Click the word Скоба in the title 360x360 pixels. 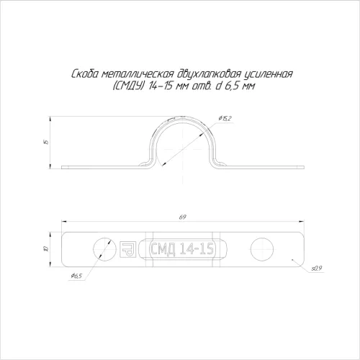[x=85, y=74]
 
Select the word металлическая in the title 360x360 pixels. [x=137, y=74]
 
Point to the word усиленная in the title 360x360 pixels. [x=269, y=74]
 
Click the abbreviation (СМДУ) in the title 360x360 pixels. [x=128, y=86]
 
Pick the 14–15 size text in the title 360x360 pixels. [x=161, y=86]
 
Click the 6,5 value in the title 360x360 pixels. [x=232, y=86]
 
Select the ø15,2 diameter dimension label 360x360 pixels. [x=225, y=118]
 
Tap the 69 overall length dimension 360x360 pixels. [x=183, y=217]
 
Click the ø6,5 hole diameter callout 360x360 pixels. [x=76, y=276]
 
